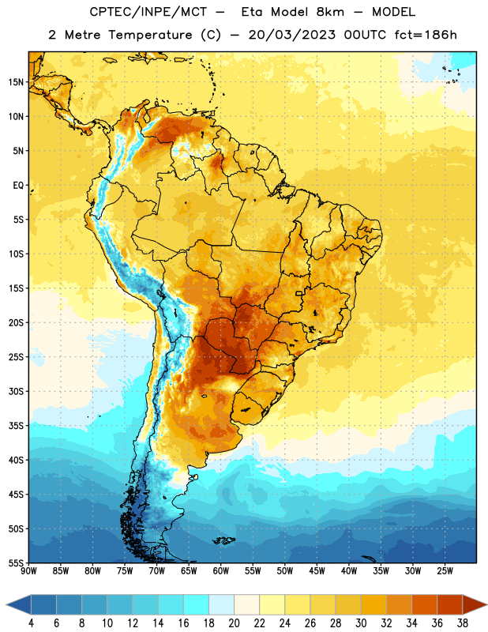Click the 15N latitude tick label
(x=16, y=82)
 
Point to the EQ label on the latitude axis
(x=18, y=186)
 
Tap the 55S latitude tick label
(x=16, y=563)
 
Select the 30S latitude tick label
(x=16, y=391)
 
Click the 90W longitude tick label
(x=28, y=571)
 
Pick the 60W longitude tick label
(x=221, y=571)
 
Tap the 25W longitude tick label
(x=445, y=571)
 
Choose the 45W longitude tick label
(x=317, y=571)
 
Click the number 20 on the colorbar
(x=234, y=623)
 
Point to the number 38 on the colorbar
(x=463, y=623)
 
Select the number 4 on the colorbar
(x=31, y=623)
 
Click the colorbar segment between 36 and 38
(x=450, y=604)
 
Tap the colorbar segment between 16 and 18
(x=196, y=604)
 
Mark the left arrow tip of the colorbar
(x=6, y=604)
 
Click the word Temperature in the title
(x=150, y=35)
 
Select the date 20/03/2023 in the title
(x=291, y=35)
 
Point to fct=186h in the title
(x=426, y=35)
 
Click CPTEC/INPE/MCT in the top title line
(x=148, y=12)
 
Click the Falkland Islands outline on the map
(x=223, y=540)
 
